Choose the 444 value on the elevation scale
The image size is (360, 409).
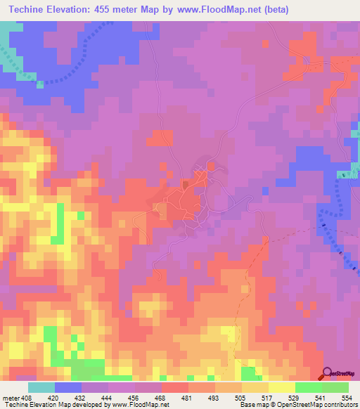[108, 397]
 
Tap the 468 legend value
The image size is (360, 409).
[161, 397]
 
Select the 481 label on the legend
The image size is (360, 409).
[188, 397]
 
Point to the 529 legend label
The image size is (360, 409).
[295, 397]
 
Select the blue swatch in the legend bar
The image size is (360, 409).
[67, 387]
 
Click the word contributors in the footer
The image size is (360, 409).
[340, 405]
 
